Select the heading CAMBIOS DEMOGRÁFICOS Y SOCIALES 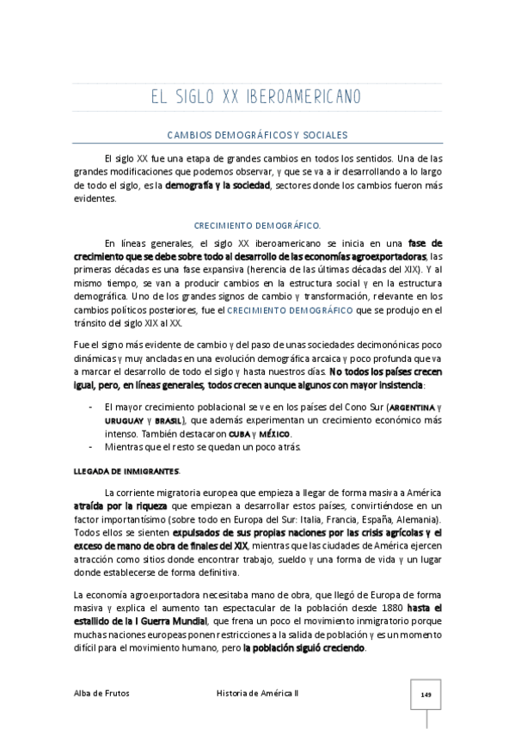(x=256, y=135)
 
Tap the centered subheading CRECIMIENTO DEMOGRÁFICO (x=256, y=225)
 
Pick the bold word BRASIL (x=169, y=421)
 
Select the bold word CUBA (x=240, y=435)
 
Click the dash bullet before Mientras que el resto (x=91, y=449)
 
